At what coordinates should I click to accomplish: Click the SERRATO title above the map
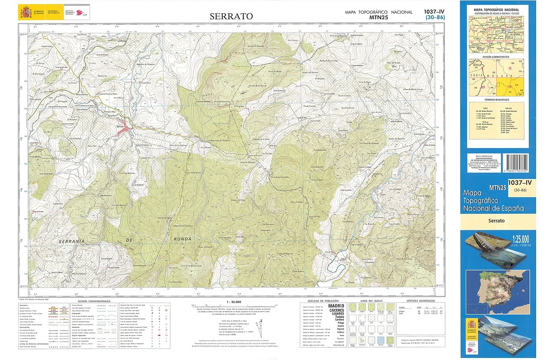pos(231,16)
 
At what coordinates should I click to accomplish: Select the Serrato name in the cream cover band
pos(498,221)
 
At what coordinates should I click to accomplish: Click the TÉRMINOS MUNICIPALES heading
pos(498,99)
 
